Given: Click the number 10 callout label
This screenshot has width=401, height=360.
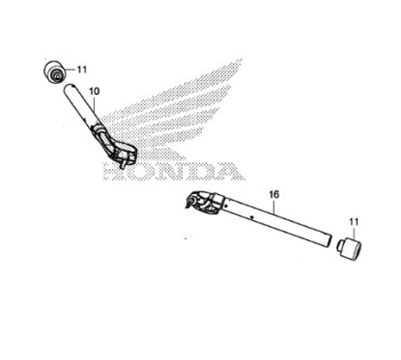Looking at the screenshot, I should pyautogui.click(x=94, y=91).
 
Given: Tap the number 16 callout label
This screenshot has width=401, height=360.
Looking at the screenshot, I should pyautogui.click(x=273, y=195).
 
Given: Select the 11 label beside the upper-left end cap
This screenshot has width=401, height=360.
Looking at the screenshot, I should pyautogui.click(x=81, y=69).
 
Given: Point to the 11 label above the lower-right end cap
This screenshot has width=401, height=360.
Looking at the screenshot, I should pyautogui.click(x=354, y=221).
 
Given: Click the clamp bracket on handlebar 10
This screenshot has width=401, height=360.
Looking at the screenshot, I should pyautogui.click(x=121, y=150).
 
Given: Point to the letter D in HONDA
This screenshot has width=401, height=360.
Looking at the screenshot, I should pyautogui.click(x=198, y=173).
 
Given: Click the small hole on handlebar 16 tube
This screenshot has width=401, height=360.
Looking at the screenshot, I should pyautogui.click(x=251, y=219).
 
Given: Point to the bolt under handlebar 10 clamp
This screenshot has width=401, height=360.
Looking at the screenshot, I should pyautogui.click(x=125, y=165).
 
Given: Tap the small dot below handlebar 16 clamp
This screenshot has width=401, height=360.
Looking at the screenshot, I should pyautogui.click(x=186, y=232).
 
